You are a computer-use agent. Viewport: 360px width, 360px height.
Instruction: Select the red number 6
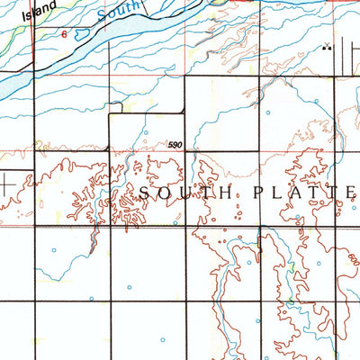coord(64,32)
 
